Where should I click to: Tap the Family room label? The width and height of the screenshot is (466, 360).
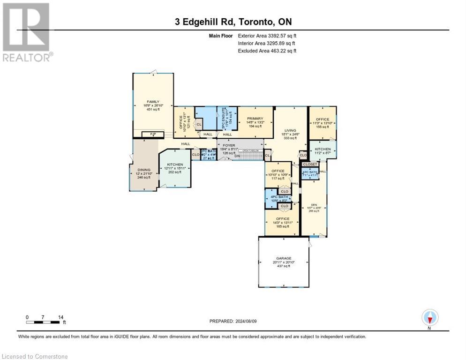click(153, 106)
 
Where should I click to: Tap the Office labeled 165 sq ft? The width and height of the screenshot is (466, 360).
click(282, 222)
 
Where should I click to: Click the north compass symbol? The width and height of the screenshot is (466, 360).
click(429, 318)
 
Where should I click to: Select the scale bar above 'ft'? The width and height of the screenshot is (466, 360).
click(45, 322)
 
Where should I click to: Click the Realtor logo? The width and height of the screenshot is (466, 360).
click(27, 31)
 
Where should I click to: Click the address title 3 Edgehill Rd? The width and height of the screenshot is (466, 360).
click(233, 22)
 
